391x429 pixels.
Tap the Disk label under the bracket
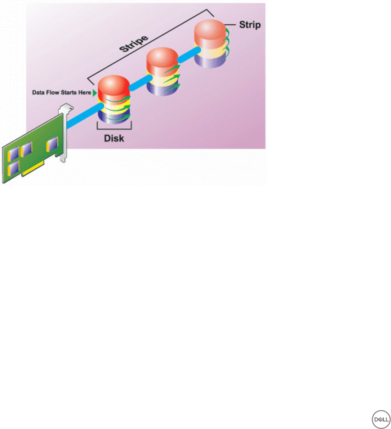[113, 138]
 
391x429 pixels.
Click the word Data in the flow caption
[38, 93]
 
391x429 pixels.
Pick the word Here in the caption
[84, 93]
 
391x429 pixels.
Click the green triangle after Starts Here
[94, 93]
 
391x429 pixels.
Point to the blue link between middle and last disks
[188, 55]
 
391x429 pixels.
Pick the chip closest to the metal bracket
[51, 146]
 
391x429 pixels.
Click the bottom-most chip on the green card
[13, 170]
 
